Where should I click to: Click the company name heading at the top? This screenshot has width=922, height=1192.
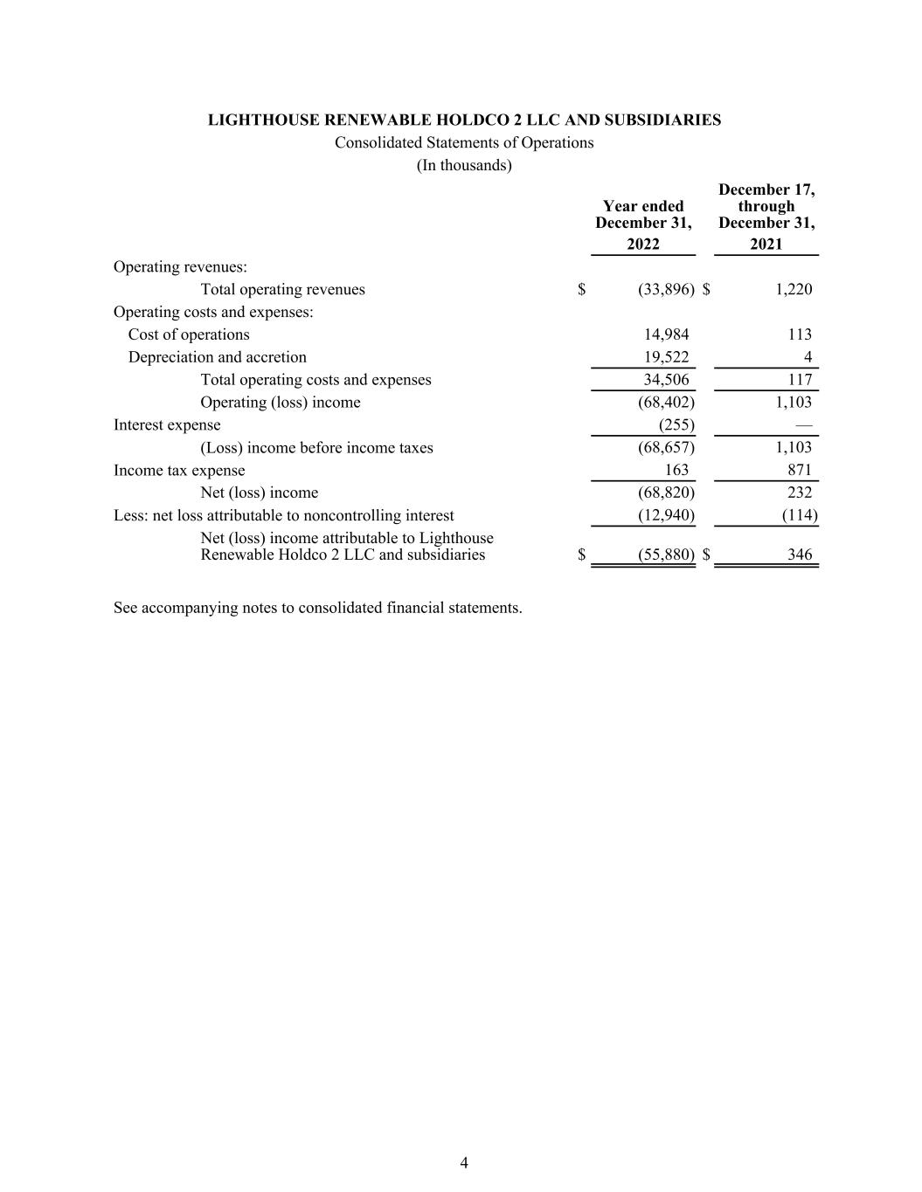(464, 120)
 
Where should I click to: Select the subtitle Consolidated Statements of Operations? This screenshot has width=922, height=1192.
(464, 142)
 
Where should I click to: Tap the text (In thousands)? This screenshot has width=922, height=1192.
(464, 165)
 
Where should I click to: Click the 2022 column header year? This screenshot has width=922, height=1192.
(643, 245)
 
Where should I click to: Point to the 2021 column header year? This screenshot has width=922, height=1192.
(766, 245)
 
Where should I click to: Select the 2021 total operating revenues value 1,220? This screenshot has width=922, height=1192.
(794, 289)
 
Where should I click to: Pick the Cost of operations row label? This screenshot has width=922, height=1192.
(189, 334)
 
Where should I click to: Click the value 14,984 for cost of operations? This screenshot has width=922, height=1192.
(666, 334)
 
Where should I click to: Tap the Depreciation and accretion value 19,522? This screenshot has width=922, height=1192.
(666, 357)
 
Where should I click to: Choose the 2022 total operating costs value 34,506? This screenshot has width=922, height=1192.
(666, 380)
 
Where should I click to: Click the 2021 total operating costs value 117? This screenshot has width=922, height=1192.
(799, 380)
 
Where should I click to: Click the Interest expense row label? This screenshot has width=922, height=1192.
(167, 425)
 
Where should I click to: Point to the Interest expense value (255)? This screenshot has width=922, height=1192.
(676, 425)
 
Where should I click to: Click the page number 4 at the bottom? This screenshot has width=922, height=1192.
(464, 1162)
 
